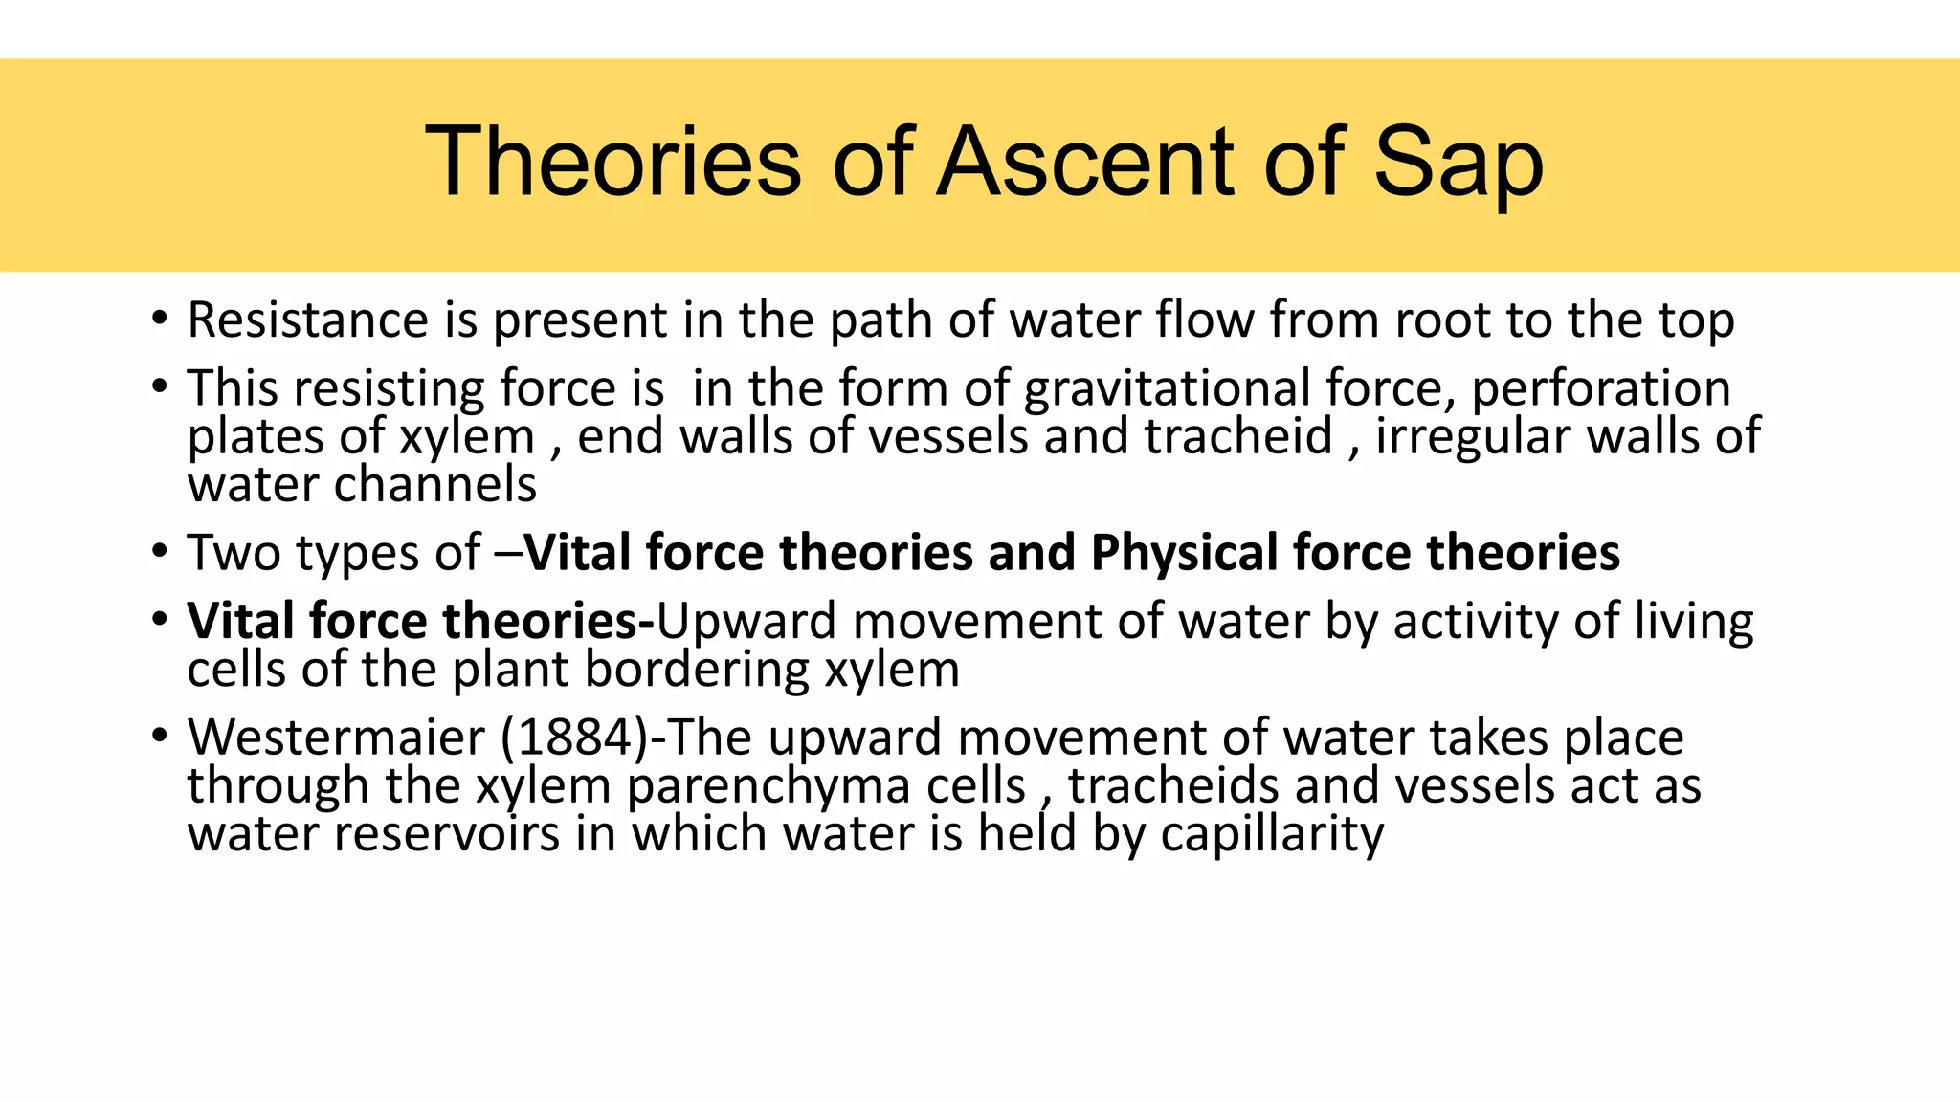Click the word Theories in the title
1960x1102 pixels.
click(x=612, y=163)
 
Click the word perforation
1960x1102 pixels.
click(x=1601, y=388)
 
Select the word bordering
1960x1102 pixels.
click(x=697, y=670)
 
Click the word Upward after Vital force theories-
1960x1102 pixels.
click(x=746, y=622)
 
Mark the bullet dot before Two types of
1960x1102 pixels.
click(x=160, y=553)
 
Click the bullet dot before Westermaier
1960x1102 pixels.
click(x=160, y=738)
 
